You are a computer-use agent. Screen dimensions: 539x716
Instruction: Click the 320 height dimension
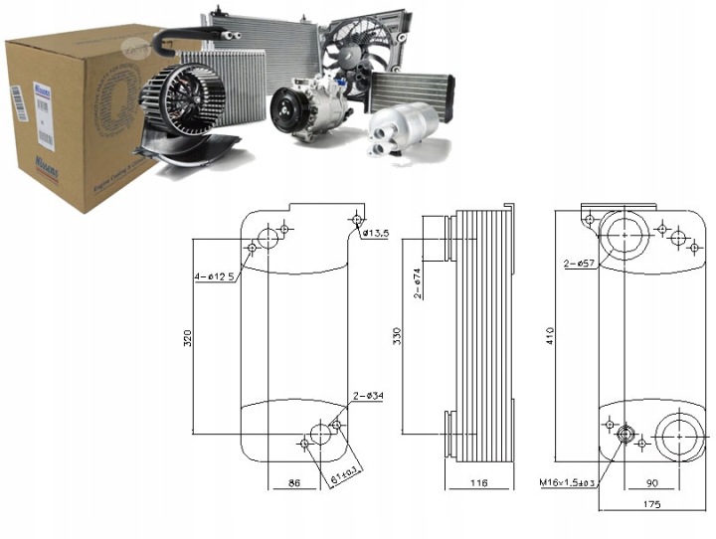(x=188, y=337)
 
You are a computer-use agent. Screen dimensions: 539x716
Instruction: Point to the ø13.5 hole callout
(x=374, y=233)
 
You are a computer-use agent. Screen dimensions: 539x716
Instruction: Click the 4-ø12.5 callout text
(x=215, y=276)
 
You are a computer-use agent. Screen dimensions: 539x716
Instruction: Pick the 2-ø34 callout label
(x=369, y=397)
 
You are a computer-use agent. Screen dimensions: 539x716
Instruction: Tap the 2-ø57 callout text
(x=579, y=264)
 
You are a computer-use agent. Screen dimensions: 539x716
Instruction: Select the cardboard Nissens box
(x=70, y=119)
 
